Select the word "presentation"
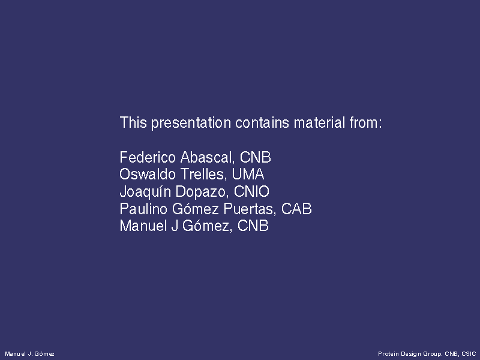191,124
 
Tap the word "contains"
262,122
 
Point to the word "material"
319,122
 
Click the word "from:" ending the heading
366,122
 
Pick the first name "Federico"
148,157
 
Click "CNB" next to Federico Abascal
256,157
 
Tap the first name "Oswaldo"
148,174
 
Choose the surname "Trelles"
204,175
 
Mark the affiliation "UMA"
248,174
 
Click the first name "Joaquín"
145,192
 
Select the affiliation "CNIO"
251,191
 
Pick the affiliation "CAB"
296,209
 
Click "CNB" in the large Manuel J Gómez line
253,226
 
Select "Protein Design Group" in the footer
410,354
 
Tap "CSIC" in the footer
469,354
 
